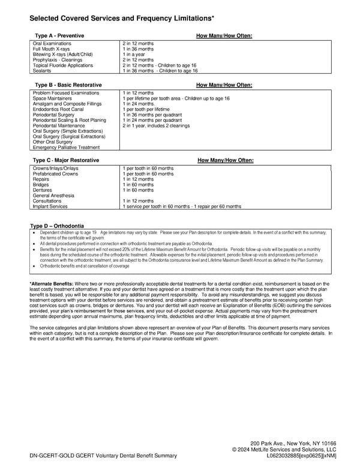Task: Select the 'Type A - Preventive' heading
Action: tap(59, 36)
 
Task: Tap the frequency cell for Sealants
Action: tap(160, 71)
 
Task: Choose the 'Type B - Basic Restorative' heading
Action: tap(68, 85)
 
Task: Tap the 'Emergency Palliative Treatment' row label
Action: tap(66, 147)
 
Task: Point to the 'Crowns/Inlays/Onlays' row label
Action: tap(55, 169)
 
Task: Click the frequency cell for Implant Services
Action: tap(182, 207)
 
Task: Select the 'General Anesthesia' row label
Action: tap(53, 196)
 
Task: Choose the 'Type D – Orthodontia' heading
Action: tap(57, 225)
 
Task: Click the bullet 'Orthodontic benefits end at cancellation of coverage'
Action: tap(85, 266)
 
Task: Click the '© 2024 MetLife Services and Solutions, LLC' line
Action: tap(284, 450)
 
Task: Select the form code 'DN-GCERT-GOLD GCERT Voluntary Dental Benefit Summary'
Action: tap(103, 456)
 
